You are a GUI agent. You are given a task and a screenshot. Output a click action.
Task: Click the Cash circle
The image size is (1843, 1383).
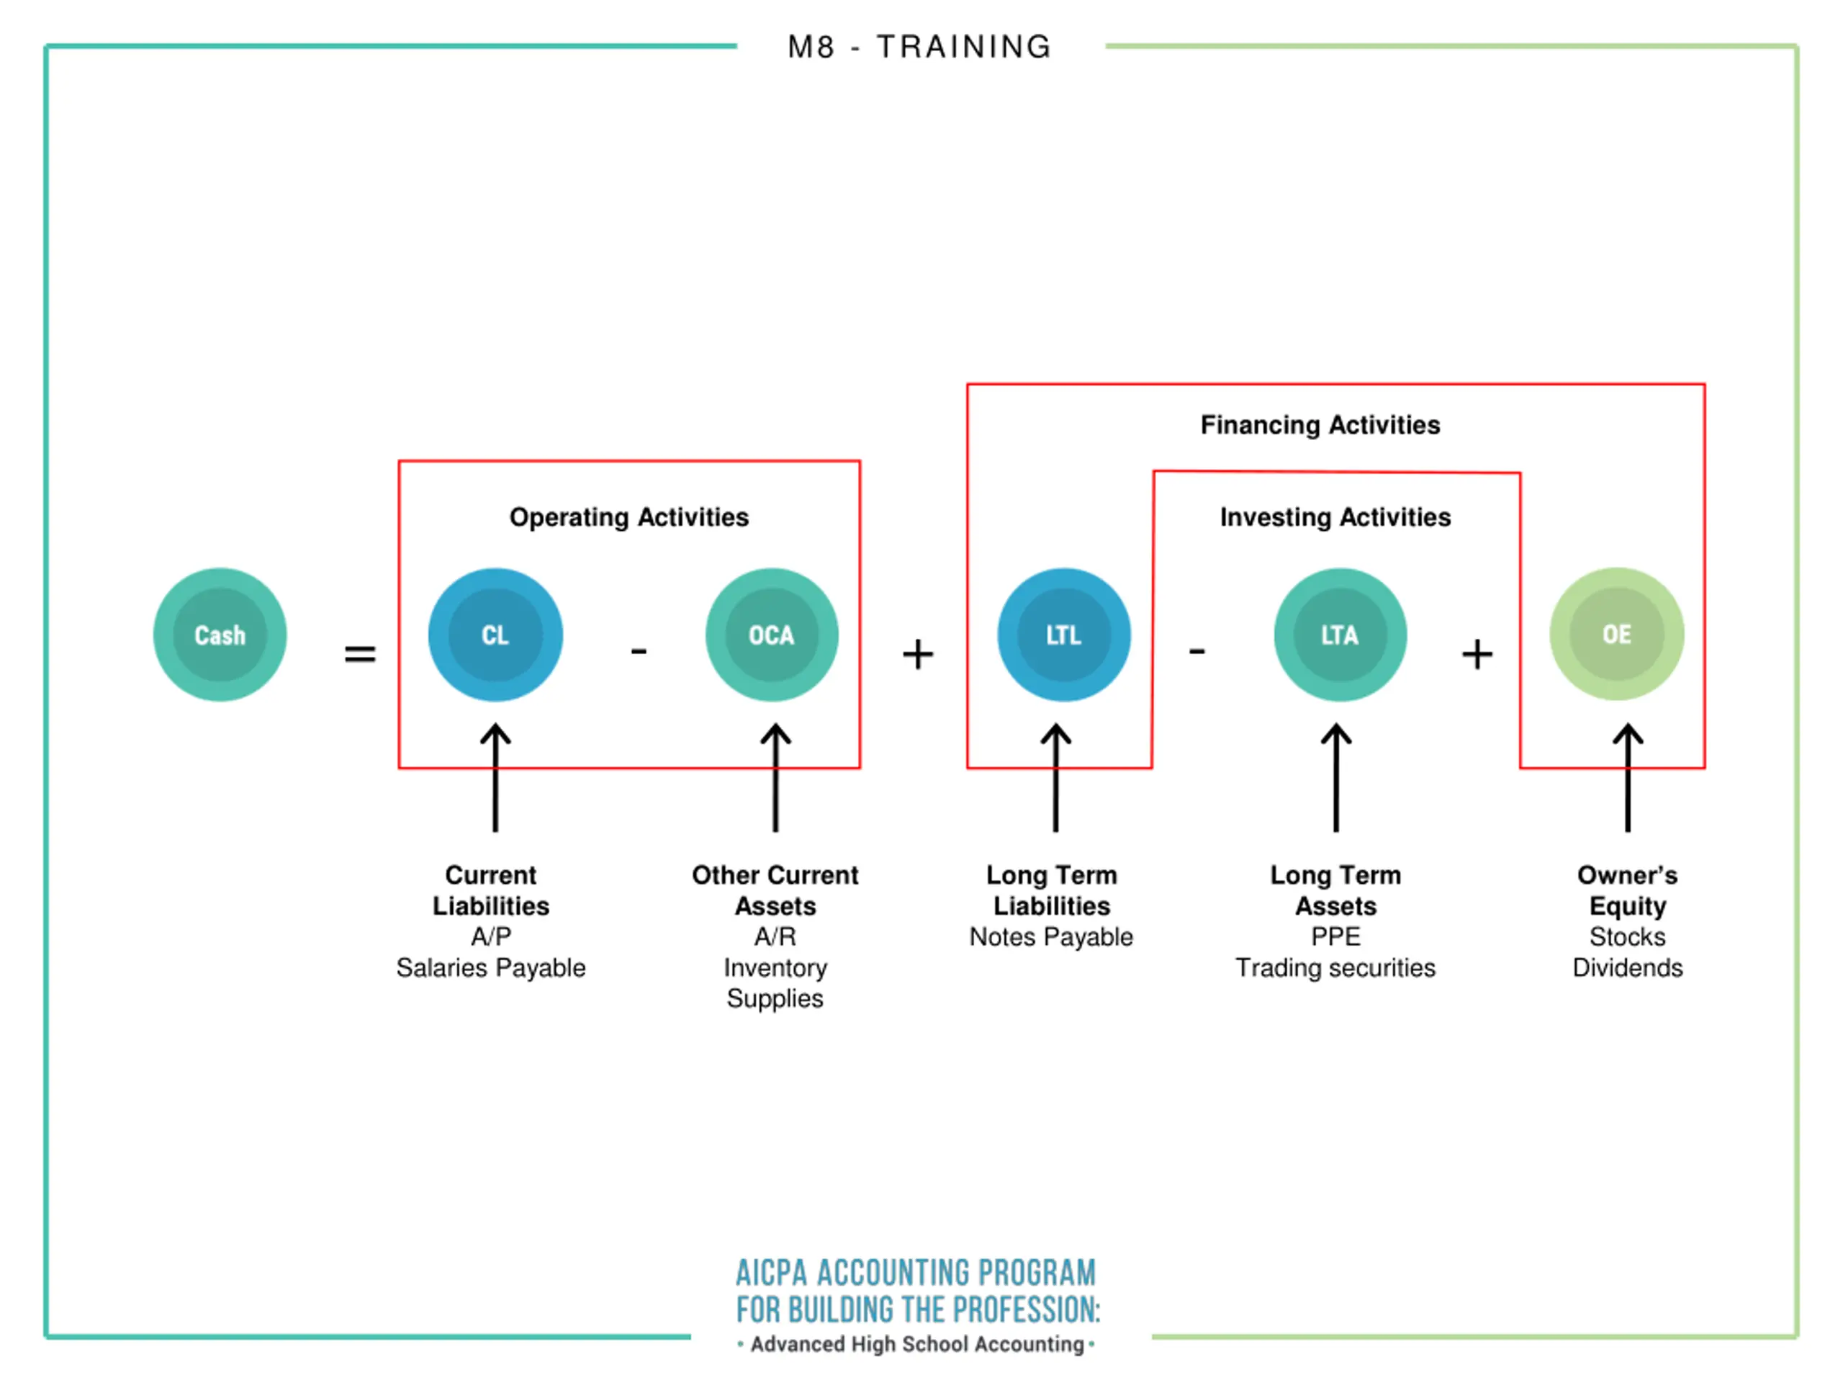tap(220, 635)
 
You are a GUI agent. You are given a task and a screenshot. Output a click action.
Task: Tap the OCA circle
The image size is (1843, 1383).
tap(772, 635)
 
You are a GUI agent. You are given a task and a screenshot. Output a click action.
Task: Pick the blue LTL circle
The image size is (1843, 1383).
tap(1063, 635)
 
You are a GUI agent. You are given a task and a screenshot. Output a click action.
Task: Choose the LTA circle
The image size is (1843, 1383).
tap(1340, 635)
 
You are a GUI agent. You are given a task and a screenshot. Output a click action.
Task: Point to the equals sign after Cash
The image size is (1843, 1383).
tap(360, 653)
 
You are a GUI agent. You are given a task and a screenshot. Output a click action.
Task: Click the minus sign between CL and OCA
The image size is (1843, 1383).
tap(639, 650)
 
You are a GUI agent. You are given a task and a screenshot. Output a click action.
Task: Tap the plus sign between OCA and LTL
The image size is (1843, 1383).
tap(917, 653)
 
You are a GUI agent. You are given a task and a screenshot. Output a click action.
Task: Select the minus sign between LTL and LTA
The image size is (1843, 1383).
tap(1197, 650)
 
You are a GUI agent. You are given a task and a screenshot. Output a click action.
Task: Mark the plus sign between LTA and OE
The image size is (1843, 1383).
tap(1477, 653)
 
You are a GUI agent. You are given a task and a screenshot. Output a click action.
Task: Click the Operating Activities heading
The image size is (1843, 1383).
tap(629, 517)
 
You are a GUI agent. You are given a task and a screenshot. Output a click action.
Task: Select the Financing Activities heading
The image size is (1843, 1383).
tap(1320, 425)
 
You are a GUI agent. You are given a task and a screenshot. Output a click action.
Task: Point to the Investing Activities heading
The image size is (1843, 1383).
tap(1335, 517)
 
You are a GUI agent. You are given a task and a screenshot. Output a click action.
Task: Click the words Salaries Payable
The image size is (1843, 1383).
tap(491, 968)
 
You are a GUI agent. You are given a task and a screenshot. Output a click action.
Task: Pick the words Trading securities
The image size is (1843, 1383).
tap(1335, 968)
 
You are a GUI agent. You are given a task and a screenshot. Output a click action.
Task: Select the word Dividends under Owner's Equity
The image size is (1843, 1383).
tap(1627, 968)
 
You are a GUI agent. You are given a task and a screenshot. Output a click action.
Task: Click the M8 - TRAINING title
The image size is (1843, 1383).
tap(920, 47)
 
